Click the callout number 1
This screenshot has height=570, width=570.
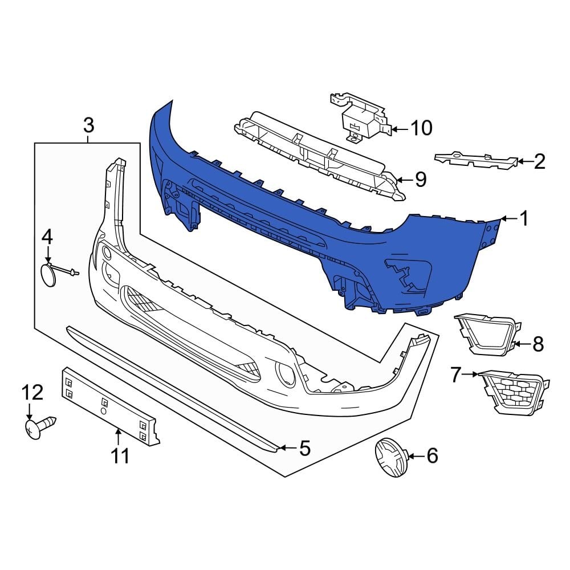click(x=524, y=218)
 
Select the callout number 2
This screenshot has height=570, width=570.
click(x=539, y=162)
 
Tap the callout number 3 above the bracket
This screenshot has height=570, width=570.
click(x=88, y=124)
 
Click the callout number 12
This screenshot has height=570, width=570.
click(x=32, y=392)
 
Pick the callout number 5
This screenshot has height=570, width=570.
click(x=305, y=449)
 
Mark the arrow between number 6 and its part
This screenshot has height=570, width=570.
click(x=414, y=455)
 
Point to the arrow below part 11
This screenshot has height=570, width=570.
click(x=118, y=437)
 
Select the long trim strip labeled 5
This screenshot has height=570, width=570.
click(x=171, y=387)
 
